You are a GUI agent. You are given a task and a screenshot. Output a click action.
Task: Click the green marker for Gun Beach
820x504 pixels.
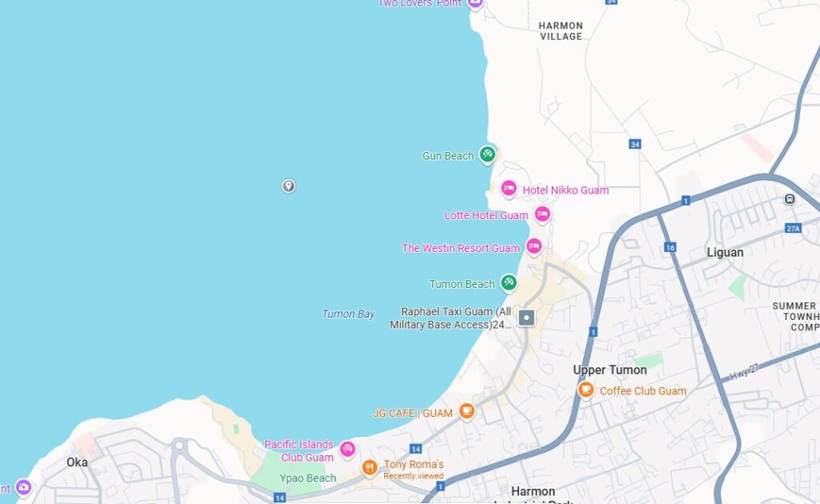(x=487, y=154)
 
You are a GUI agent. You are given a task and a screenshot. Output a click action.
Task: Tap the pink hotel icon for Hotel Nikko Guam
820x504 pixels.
(x=508, y=189)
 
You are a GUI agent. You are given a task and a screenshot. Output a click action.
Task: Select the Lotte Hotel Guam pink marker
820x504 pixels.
(x=542, y=214)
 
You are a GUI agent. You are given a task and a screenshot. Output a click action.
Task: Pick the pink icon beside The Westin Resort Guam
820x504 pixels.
(x=534, y=246)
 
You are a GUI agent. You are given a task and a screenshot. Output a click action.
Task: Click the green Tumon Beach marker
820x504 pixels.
(x=508, y=282)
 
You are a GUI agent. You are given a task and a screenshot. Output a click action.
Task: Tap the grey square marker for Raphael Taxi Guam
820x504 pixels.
(x=526, y=318)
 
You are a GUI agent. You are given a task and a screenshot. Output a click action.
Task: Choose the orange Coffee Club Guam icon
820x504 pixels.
(x=586, y=390)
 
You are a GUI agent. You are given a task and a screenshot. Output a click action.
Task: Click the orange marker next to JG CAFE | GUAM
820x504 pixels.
(x=467, y=411)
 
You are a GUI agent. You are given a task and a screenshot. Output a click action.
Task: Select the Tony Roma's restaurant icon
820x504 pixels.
(x=369, y=467)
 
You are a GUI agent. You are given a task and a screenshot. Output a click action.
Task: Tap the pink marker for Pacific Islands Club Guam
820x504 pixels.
(x=347, y=449)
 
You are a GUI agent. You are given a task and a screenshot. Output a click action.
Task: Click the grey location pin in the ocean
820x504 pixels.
(x=288, y=186)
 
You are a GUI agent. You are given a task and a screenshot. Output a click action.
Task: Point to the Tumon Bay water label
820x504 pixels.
(x=348, y=314)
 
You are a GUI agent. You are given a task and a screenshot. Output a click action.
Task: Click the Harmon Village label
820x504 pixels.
(x=561, y=31)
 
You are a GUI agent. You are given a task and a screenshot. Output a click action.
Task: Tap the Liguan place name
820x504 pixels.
(x=725, y=253)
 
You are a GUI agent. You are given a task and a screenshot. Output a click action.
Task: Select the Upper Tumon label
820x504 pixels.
(x=610, y=370)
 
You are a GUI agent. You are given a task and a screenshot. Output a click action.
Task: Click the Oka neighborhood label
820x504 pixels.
(x=77, y=462)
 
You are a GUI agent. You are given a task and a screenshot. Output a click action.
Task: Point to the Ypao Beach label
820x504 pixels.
(x=307, y=478)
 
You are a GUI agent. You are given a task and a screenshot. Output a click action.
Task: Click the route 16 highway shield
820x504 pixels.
(x=670, y=247)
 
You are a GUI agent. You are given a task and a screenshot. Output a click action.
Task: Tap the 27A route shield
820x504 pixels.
(x=793, y=228)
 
